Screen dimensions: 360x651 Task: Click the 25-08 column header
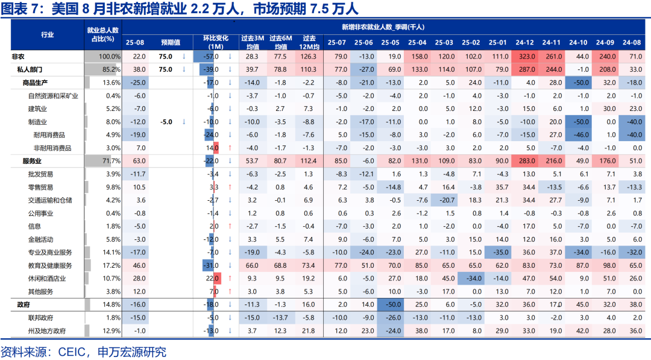pos(135,42)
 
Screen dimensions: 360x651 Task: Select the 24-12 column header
pos(525,42)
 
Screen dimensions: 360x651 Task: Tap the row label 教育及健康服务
pos(50,266)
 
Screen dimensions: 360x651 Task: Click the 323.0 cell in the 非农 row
pos(525,56)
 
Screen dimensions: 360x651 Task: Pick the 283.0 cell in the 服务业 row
pos(525,161)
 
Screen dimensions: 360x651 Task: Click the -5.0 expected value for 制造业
pos(166,122)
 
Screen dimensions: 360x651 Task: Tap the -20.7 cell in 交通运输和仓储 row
pos(445,200)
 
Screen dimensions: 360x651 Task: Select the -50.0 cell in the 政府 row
pos(391,305)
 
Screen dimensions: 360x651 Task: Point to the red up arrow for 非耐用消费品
pos(230,148)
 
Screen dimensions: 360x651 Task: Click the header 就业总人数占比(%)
pos(103,34)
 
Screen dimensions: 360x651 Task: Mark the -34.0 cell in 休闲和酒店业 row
pos(471,279)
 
